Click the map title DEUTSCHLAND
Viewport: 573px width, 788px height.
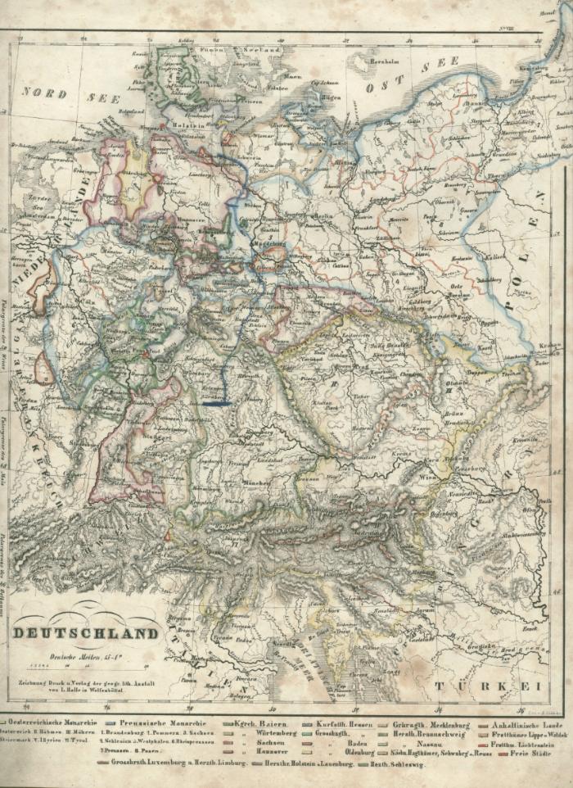[86, 633]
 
